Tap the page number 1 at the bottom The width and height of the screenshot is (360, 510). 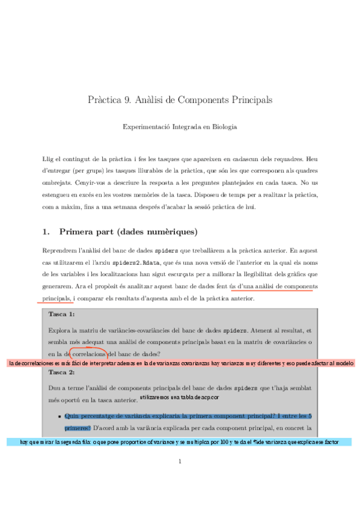pos(180,462)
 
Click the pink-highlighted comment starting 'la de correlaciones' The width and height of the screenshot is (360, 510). pos(180,364)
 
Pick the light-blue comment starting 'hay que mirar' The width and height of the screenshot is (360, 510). pos(180,442)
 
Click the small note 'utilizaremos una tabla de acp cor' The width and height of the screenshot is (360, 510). pos(179,398)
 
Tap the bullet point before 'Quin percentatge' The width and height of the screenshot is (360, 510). pos(59,416)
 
